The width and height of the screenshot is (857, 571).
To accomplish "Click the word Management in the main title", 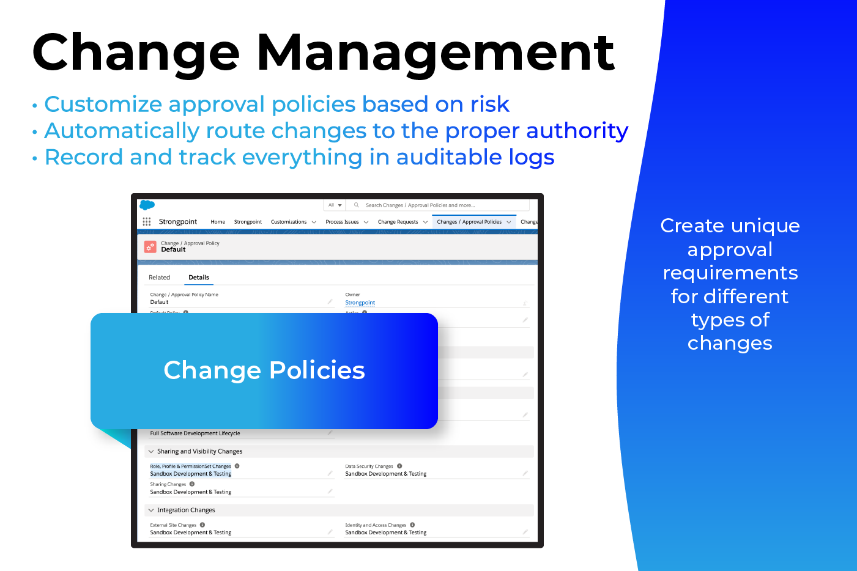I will pos(436,54).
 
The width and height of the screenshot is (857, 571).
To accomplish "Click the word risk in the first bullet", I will pos(489,105).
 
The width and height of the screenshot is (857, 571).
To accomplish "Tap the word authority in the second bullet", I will pos(577,131).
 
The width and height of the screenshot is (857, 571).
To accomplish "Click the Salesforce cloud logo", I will pos(147,205).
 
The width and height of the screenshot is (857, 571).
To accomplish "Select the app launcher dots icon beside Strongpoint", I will pos(147,222).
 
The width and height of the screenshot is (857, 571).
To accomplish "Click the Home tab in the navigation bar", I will pos(218,222).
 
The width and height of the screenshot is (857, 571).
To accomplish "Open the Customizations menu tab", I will pos(289,222).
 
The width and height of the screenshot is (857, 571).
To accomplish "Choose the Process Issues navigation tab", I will pos(342,222).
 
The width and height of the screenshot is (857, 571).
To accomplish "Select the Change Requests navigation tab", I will pos(398,222).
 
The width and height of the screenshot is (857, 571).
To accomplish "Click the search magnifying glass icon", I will pos(357,205).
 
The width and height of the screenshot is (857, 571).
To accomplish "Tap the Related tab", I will pos(159,278).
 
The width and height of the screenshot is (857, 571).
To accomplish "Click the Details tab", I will pos(199,278).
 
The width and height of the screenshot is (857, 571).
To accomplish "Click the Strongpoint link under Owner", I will pos(360,303).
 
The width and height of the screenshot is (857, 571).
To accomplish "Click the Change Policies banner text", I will pos(264,370).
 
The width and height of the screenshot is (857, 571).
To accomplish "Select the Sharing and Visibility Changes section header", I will pos(199,452).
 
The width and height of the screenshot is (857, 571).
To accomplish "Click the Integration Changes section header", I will pos(186,510).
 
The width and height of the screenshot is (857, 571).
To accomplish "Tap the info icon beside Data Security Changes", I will pos(399,466).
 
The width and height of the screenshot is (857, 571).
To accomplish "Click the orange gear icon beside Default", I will pos(150,246).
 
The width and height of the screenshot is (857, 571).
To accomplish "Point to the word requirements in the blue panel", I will pos(730,273).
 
